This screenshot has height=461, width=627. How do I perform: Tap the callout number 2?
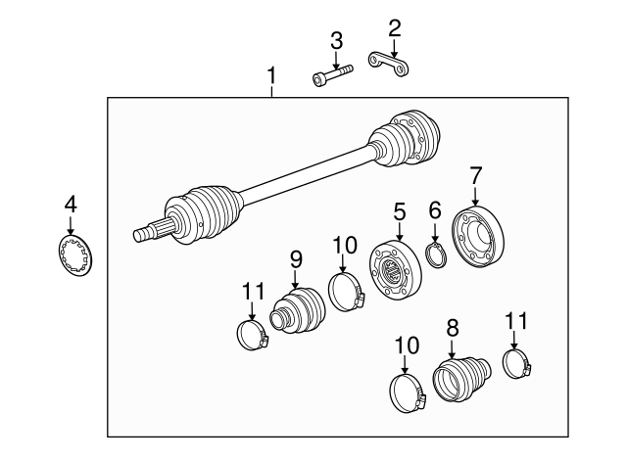pyautogui.click(x=394, y=27)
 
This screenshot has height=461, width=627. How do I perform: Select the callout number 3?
pyautogui.click(x=336, y=40)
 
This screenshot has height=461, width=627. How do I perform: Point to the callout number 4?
pyautogui.click(x=70, y=205)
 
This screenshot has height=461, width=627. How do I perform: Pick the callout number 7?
pyautogui.click(x=476, y=176)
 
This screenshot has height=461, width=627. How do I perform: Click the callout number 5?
pyautogui.click(x=399, y=210)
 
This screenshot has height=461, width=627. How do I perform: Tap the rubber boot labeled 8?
pyautogui.click(x=460, y=378)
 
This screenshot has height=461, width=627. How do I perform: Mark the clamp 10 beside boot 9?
pyautogui.click(x=345, y=291)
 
